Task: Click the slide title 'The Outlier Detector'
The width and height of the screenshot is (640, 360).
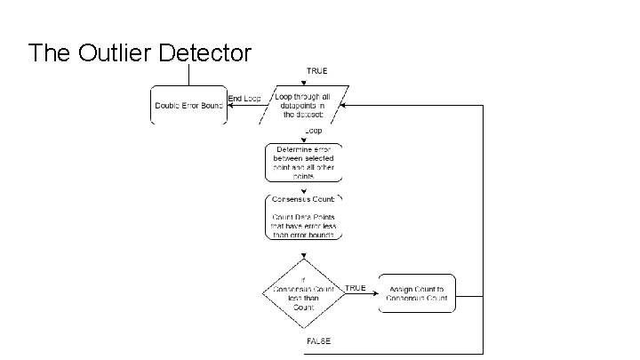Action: [140, 53]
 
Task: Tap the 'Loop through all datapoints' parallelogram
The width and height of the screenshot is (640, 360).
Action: [302, 104]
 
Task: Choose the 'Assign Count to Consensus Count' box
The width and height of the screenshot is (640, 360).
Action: [418, 292]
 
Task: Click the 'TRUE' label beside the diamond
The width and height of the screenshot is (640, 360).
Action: [356, 287]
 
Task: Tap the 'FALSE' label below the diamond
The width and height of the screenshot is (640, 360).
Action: [318, 341]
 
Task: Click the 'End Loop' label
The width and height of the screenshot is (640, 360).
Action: [244, 98]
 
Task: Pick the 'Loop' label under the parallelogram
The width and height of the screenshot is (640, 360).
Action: [314, 131]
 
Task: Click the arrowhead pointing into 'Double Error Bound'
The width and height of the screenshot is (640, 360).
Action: [228, 104]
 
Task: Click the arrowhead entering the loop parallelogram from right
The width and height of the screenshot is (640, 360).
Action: [342, 104]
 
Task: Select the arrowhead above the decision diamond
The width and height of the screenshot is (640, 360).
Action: [303, 256]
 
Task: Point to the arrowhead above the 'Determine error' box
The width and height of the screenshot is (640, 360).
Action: [303, 139]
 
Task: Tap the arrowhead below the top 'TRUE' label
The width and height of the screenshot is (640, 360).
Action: [303, 83]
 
